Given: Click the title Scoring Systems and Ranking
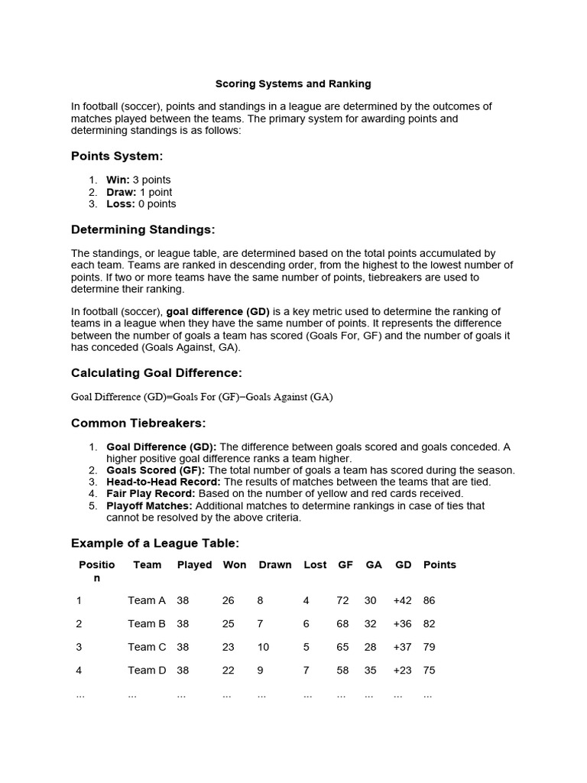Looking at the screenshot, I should [x=293, y=83].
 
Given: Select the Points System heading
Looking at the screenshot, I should [x=117, y=156].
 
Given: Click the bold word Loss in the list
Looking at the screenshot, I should [x=120, y=204].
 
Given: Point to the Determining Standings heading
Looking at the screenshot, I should [x=143, y=229].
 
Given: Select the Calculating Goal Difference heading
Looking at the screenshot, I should [x=156, y=373].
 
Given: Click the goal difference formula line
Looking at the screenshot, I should [x=202, y=397].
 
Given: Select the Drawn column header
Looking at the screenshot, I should [x=275, y=565].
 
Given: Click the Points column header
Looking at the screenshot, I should [x=439, y=565].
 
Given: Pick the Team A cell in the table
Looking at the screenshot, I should [x=146, y=601].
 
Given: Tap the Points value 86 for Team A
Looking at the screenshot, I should [x=429, y=601].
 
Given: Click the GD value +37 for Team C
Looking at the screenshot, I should [x=402, y=647].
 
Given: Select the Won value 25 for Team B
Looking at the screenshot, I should [x=229, y=624].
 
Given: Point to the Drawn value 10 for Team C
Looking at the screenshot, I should [x=264, y=647].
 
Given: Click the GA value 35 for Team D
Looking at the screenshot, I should [x=371, y=671].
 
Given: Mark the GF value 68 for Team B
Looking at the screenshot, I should [x=342, y=624].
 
